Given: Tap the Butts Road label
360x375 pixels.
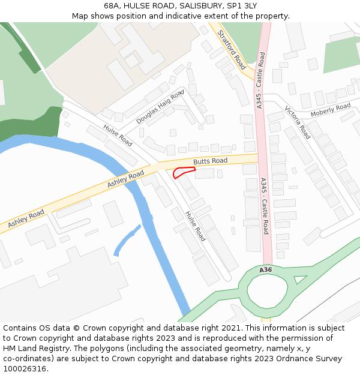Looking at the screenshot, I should [210, 161].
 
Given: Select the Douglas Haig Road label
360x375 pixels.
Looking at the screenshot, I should [160, 107].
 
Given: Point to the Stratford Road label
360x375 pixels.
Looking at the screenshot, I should [231, 50].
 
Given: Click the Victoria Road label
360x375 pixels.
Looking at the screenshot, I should [298, 122].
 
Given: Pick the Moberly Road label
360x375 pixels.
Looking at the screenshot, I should [331, 110].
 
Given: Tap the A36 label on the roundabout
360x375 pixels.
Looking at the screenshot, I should [266, 271].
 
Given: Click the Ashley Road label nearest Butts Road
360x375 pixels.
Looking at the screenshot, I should [126, 179].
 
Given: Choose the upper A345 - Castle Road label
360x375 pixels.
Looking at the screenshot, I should [260, 80].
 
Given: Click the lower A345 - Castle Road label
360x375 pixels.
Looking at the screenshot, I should [265, 205].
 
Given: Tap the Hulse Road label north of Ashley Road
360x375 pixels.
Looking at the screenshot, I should [118, 136].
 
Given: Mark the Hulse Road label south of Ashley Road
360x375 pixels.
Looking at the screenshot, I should [195, 226].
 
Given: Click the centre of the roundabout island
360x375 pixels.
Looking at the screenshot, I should [268, 294].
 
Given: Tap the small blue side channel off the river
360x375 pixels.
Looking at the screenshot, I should [127, 239].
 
